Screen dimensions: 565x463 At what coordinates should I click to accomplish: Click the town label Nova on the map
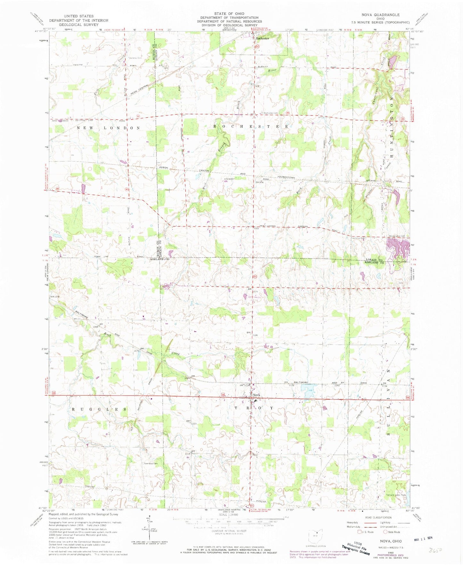(257, 395)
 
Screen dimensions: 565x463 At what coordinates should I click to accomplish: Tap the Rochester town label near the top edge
(262, 38)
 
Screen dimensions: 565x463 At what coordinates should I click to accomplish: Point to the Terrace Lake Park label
(396, 495)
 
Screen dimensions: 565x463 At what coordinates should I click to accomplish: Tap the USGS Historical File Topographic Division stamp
(355, 546)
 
